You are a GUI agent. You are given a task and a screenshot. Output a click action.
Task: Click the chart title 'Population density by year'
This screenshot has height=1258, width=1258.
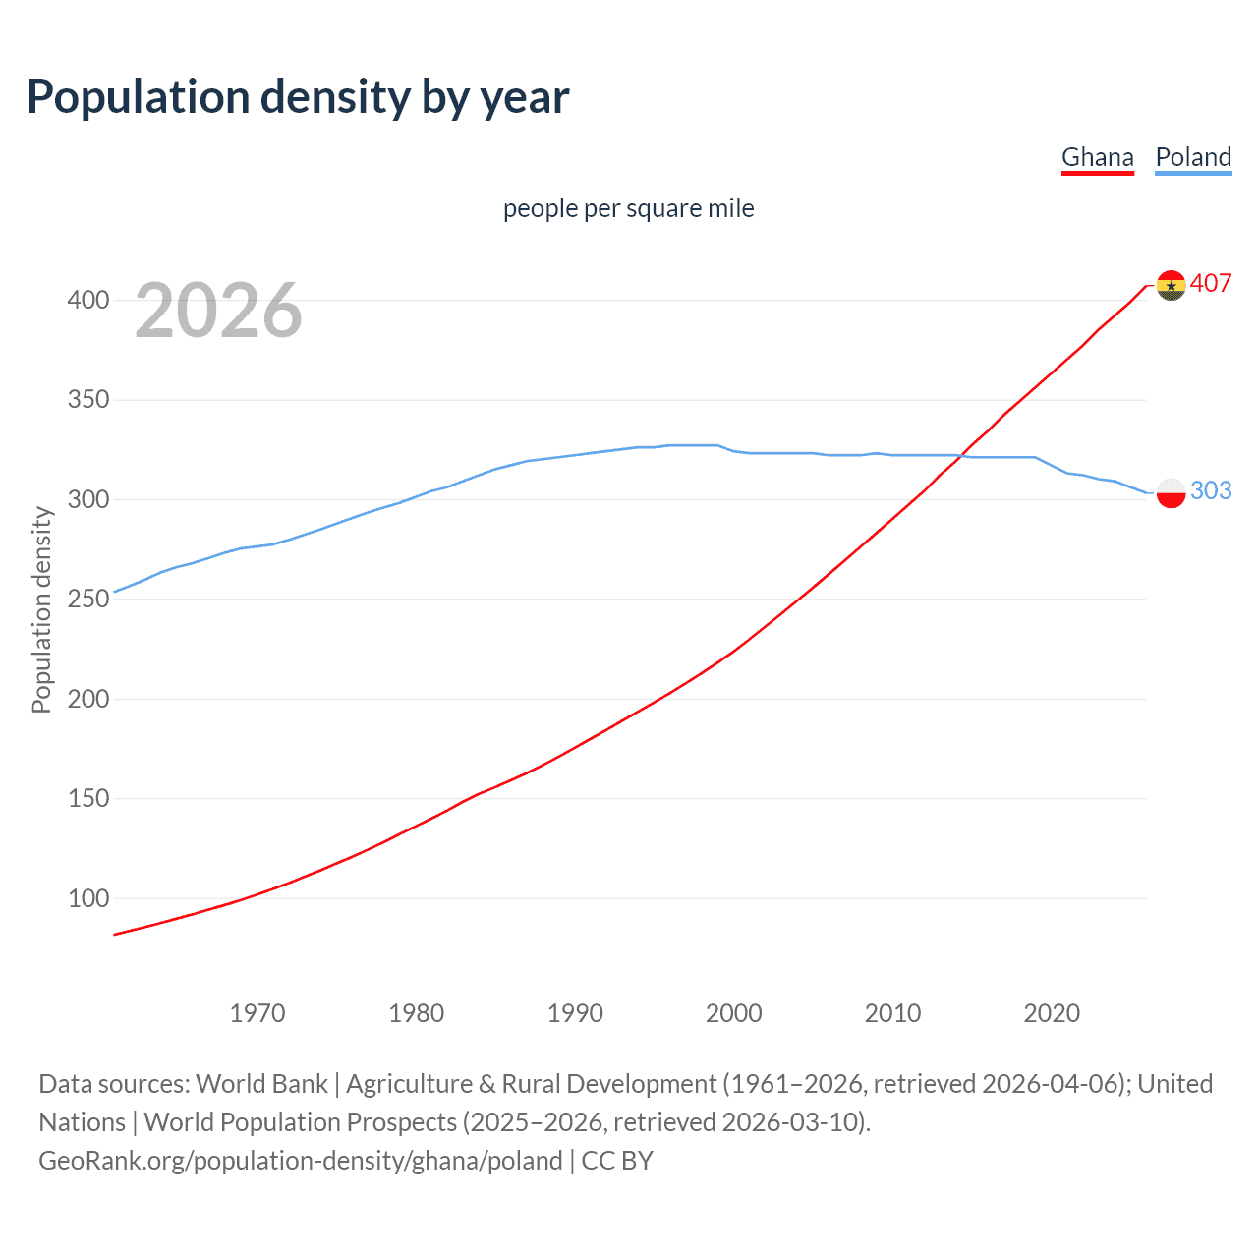click(x=298, y=97)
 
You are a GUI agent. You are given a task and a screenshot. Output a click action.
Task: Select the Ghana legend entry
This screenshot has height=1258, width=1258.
click(x=1097, y=157)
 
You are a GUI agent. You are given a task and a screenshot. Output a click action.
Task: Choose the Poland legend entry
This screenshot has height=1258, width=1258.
click(x=1193, y=157)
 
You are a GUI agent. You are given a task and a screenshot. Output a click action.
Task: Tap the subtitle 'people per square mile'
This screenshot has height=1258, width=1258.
click(x=628, y=208)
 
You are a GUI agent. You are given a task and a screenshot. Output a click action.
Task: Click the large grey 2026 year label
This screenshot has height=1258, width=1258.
click(x=218, y=311)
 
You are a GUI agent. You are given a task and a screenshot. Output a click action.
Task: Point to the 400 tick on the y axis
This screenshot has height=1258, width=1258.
click(x=88, y=300)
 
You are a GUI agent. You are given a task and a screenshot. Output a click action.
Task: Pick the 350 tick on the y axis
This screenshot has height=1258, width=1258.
click(x=88, y=400)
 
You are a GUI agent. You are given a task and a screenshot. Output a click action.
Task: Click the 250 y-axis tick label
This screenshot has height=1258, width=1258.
click(x=88, y=599)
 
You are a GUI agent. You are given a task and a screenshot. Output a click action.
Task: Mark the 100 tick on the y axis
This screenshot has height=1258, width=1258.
click(x=88, y=898)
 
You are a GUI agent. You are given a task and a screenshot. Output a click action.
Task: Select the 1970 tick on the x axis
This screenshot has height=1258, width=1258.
click(x=257, y=1013)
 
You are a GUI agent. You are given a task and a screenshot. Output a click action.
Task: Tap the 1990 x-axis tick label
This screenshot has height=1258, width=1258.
click(x=575, y=1013)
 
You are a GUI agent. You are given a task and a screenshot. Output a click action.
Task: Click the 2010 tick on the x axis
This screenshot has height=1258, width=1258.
click(x=892, y=1013)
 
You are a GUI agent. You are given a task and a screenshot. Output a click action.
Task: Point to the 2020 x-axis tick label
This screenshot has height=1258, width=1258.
click(x=1052, y=1013)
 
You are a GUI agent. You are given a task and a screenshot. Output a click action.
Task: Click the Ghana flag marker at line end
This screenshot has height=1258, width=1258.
click(x=1171, y=285)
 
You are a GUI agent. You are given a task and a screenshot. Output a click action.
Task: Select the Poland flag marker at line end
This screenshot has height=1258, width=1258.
click(x=1171, y=492)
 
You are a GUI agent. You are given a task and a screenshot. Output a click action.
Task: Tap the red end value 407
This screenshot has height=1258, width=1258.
click(x=1211, y=284)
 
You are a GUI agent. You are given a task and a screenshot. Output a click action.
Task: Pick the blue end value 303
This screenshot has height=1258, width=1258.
click(x=1211, y=490)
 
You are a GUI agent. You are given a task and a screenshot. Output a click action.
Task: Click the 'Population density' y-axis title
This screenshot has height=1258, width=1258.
click(x=41, y=609)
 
